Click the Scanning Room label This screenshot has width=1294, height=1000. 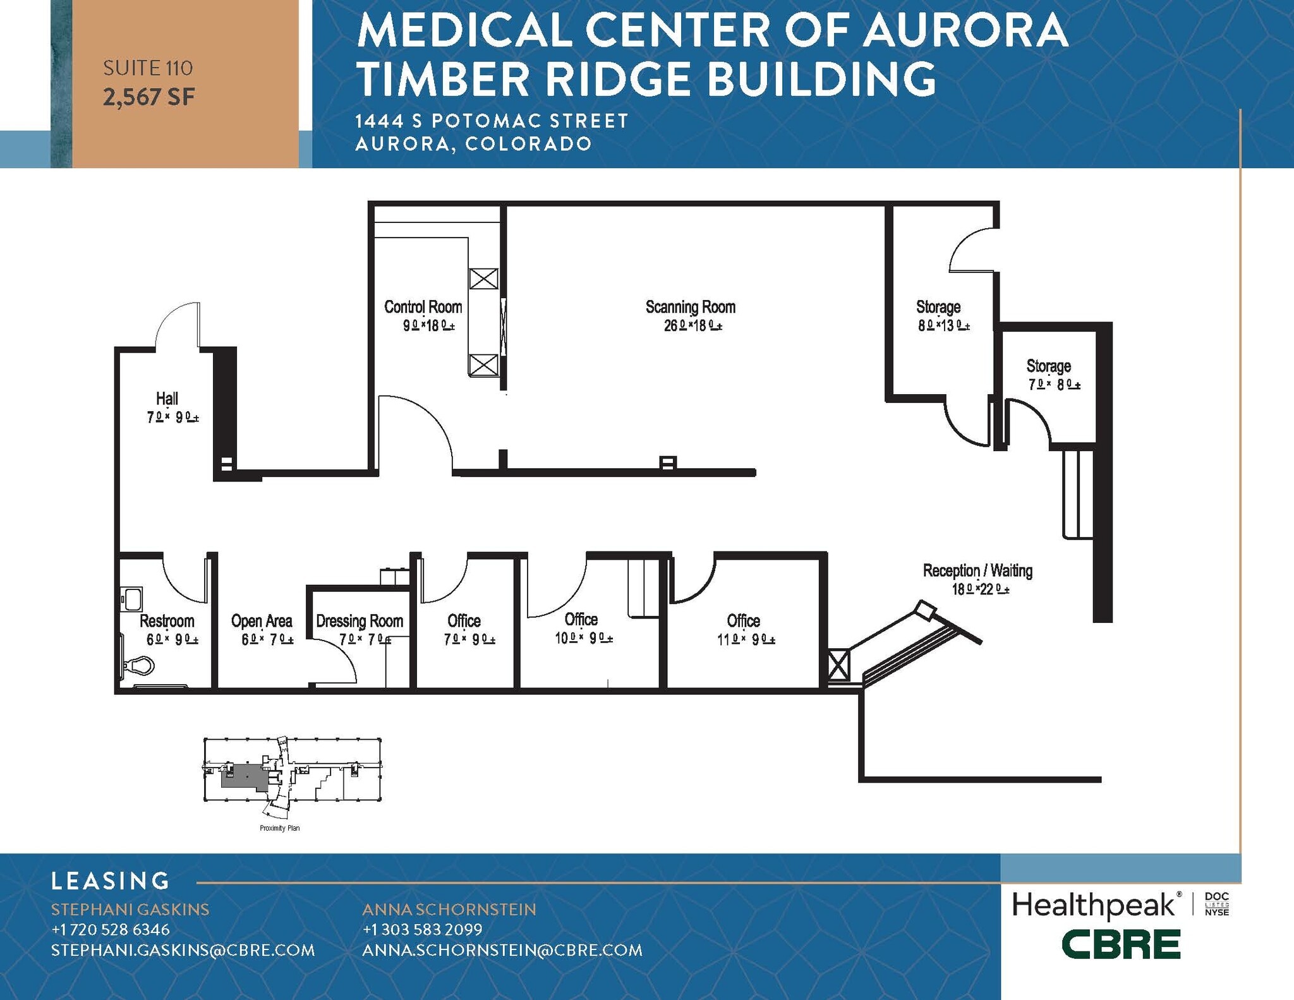[691, 307]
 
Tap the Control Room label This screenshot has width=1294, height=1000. [423, 307]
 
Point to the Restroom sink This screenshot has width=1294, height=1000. [133, 598]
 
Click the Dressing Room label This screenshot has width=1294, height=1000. [360, 621]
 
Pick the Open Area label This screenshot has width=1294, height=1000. [262, 621]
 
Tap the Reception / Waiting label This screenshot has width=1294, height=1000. [977, 570]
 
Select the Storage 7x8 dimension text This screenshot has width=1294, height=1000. [1054, 385]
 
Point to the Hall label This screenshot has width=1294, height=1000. [167, 399]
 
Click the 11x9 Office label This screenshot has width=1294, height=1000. [743, 620]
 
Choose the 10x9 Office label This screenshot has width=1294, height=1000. [581, 619]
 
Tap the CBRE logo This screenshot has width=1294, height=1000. [1120, 944]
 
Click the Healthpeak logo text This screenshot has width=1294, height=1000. [1094, 905]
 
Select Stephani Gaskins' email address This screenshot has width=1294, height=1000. [183, 950]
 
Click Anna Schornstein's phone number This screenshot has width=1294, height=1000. [422, 929]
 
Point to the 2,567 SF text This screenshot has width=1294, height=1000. [148, 97]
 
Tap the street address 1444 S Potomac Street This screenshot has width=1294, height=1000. [492, 121]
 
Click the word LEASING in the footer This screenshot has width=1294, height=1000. [111, 881]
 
